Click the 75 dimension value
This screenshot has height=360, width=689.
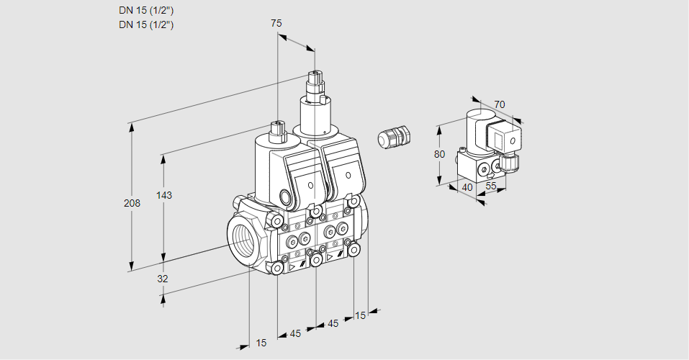(276, 23)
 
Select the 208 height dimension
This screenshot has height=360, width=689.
(132, 203)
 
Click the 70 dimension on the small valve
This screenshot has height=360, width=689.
(500, 104)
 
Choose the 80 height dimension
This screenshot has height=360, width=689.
(441, 153)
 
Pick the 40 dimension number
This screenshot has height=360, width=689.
(467, 189)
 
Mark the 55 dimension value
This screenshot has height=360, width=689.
(492, 186)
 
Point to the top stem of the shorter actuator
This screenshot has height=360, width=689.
(276, 131)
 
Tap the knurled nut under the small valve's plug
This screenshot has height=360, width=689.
(510, 163)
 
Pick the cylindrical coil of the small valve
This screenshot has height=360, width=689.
(474, 127)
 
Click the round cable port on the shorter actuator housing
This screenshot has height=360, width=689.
(285, 197)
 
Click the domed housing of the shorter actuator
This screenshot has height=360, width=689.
(270, 162)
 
